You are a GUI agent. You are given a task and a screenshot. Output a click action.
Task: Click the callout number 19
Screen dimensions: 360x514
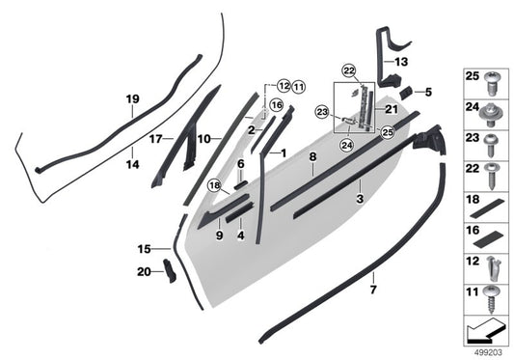pyautogui.click(x=132, y=98)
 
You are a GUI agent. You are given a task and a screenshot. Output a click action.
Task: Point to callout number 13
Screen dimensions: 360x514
pyautogui.click(x=400, y=61)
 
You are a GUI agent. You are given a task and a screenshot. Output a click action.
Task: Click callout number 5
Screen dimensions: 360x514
pyautogui.click(x=428, y=93)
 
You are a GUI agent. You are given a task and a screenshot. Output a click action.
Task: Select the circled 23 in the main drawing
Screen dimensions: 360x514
pyautogui.click(x=322, y=112)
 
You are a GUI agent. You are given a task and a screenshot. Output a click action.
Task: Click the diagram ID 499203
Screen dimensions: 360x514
pyautogui.click(x=486, y=350)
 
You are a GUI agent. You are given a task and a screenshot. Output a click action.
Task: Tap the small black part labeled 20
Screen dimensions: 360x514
pyautogui.click(x=167, y=271)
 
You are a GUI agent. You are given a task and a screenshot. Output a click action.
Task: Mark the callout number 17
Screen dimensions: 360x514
pyautogui.click(x=153, y=139)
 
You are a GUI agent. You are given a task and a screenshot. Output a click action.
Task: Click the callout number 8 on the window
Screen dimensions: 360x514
pyautogui.click(x=311, y=155)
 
